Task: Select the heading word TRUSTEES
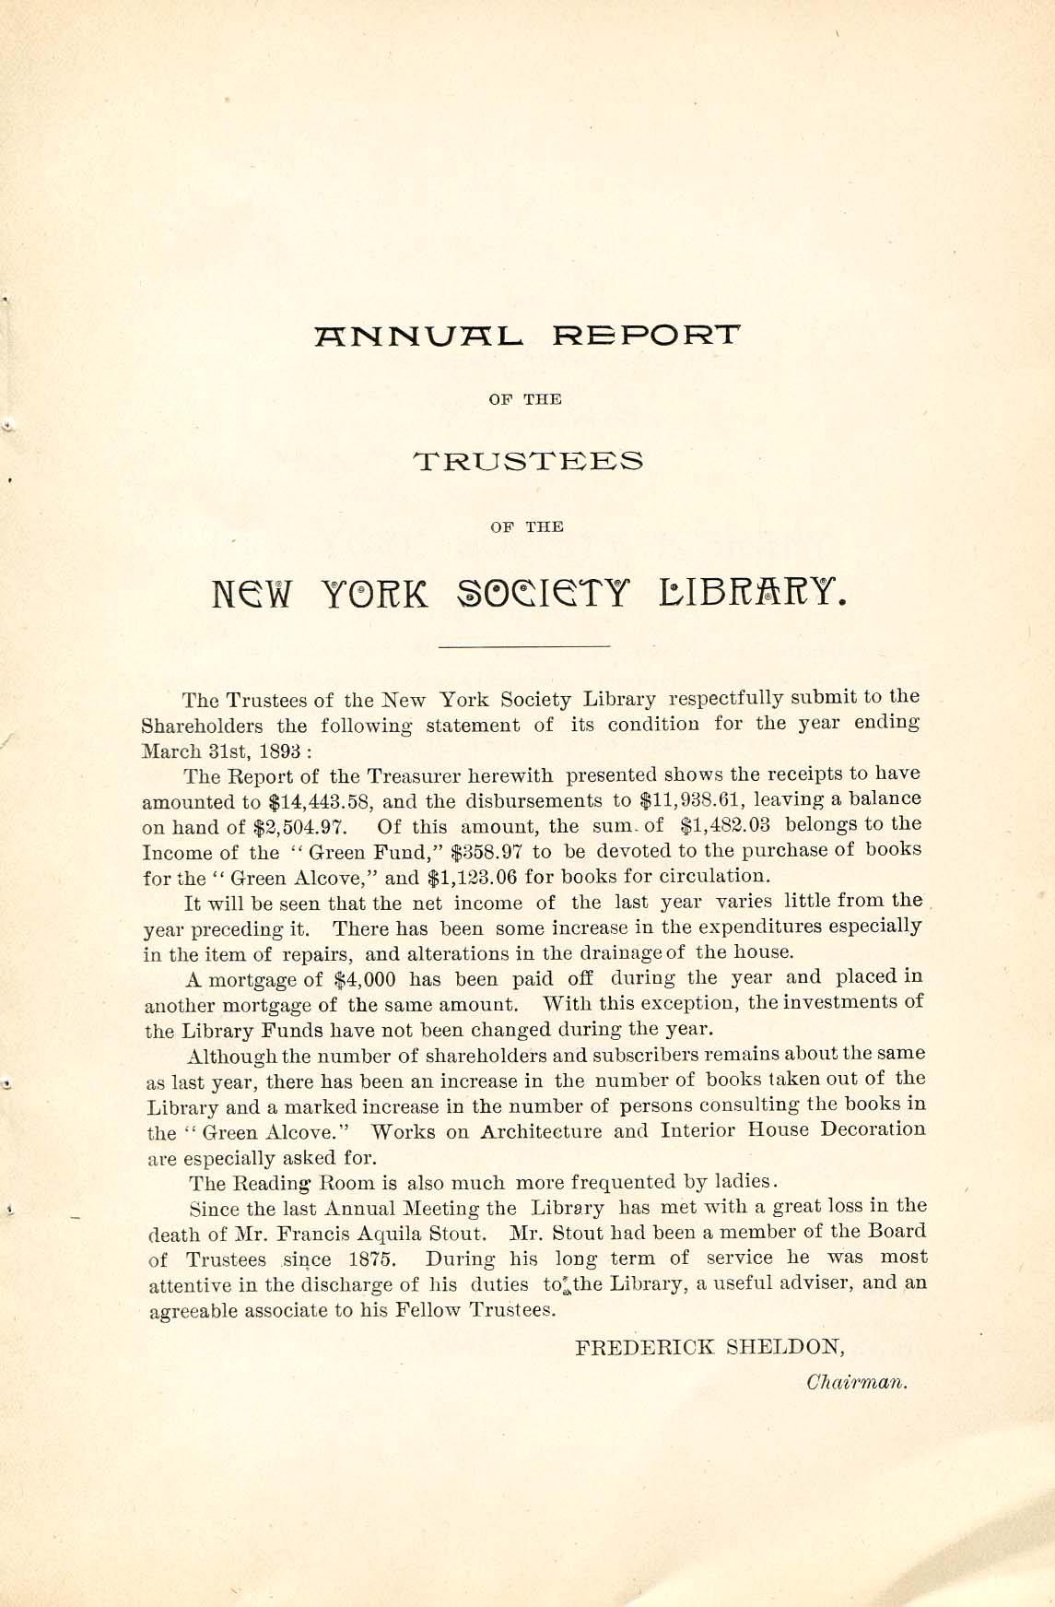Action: [528, 461]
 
